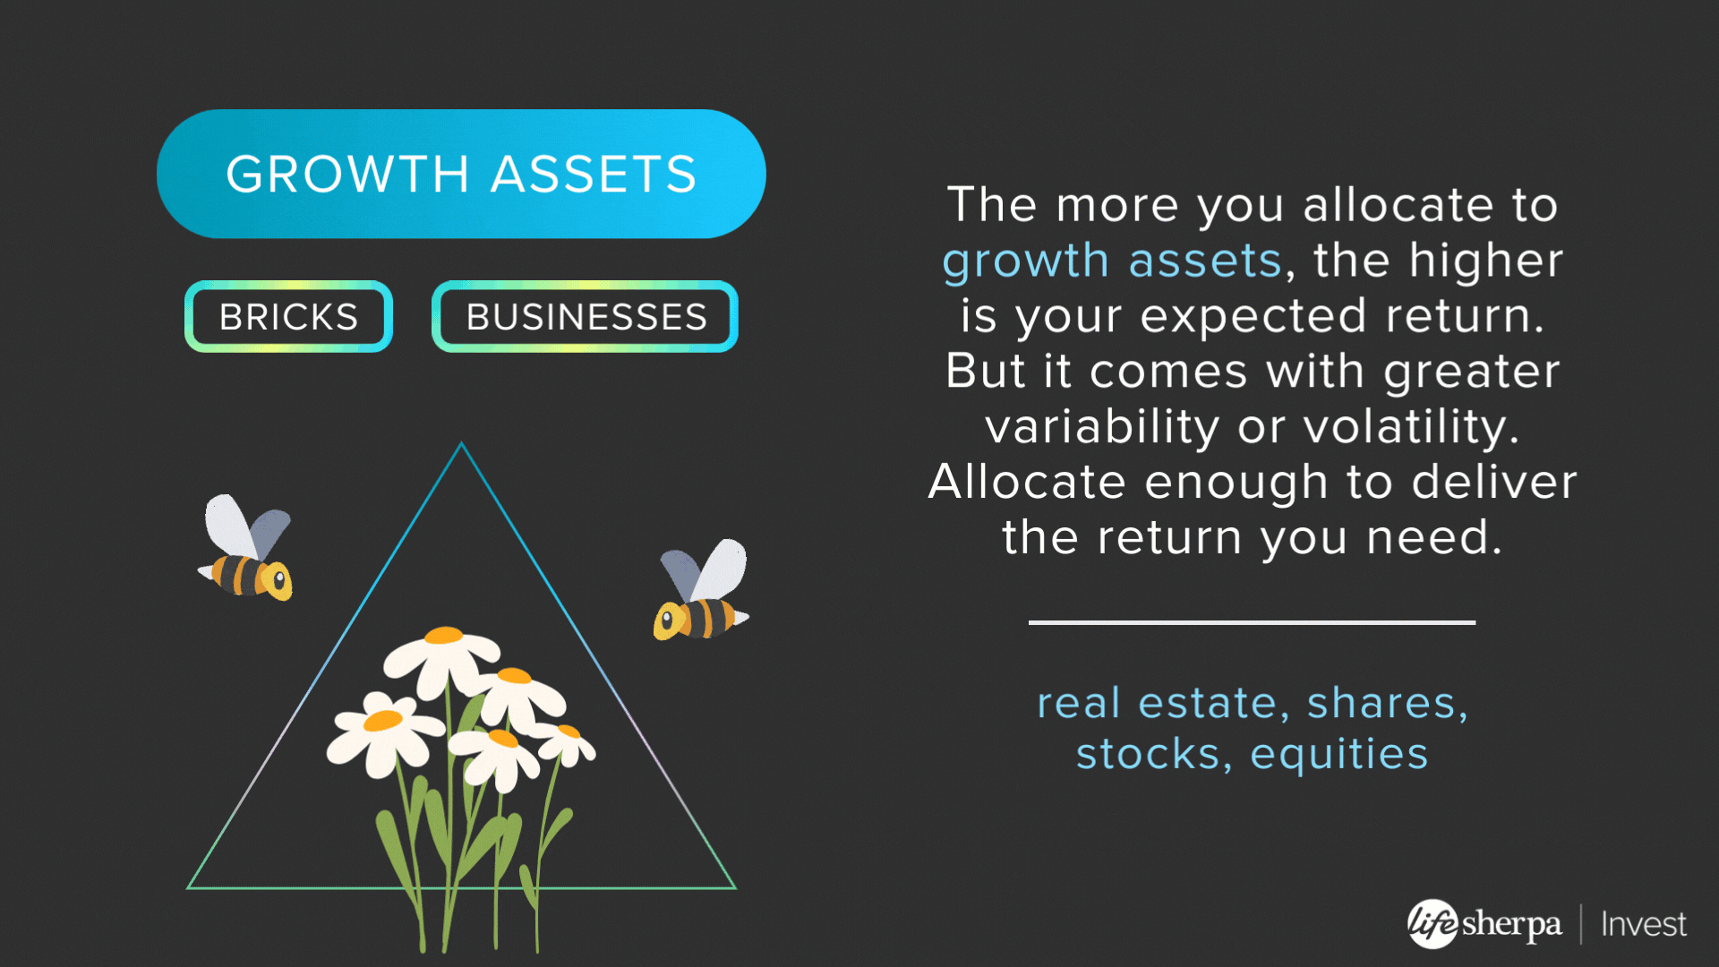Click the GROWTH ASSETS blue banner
coord(461,174)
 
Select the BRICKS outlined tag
coord(288,317)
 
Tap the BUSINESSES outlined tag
coord(586,317)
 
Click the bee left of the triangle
coord(246,548)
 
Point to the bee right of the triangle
coord(703,591)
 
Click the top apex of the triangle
coord(461,442)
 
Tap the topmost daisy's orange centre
coord(444,636)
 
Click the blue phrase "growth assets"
coord(1113,261)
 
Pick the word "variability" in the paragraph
coord(1102,427)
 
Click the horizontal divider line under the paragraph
coord(1252,622)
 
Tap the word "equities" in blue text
coord(1339,755)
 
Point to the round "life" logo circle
coord(1433,923)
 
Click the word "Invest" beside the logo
coord(1644,924)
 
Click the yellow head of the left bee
coord(278,581)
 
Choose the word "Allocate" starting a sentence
coord(1027,482)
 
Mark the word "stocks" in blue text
coord(1149,755)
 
